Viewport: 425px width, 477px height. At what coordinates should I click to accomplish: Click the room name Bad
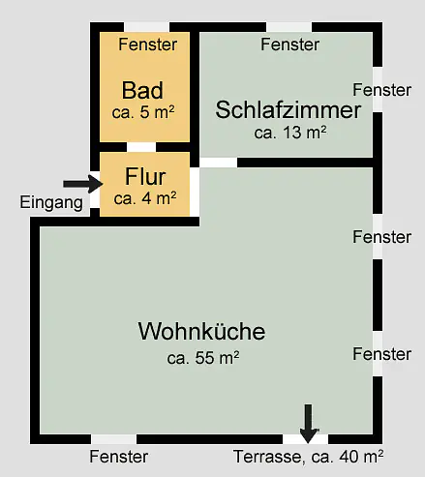click(142, 90)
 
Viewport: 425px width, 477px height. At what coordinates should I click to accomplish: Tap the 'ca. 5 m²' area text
click(143, 112)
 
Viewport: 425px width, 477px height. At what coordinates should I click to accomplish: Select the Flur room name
click(145, 176)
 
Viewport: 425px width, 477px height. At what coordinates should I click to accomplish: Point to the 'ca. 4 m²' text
click(145, 198)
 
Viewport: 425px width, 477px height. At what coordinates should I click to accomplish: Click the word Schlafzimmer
click(288, 109)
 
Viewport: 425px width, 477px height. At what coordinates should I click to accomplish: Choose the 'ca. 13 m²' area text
click(290, 133)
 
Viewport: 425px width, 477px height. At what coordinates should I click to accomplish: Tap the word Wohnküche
click(201, 331)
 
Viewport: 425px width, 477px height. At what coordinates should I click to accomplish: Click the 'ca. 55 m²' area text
click(203, 358)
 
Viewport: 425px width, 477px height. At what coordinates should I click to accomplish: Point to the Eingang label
click(51, 203)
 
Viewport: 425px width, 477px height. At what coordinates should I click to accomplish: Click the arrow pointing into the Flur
click(83, 184)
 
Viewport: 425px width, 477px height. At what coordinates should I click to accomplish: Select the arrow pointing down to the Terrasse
click(309, 424)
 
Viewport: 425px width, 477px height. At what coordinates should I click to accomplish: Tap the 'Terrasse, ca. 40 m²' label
click(308, 457)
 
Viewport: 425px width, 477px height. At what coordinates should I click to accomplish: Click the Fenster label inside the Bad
click(148, 45)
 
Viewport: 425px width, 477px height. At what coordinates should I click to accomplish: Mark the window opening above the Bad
click(147, 27)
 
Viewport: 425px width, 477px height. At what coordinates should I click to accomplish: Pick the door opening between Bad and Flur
click(141, 147)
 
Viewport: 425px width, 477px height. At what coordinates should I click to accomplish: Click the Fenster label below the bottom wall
click(119, 457)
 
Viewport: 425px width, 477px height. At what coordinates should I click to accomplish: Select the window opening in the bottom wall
click(113, 439)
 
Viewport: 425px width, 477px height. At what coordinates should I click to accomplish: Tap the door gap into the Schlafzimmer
click(219, 163)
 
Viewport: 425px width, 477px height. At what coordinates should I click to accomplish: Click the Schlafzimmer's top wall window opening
click(289, 27)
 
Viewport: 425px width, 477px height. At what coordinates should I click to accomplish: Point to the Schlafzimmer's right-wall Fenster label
click(381, 90)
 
